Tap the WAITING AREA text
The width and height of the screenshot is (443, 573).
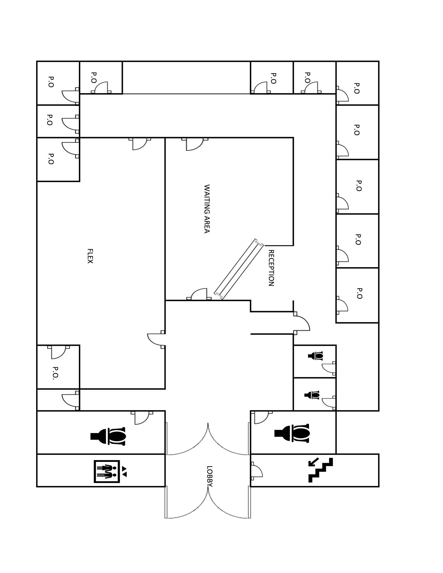click(x=207, y=208)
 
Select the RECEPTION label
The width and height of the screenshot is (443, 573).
click(x=271, y=268)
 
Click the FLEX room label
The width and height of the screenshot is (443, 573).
click(x=90, y=256)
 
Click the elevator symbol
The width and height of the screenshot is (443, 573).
click(x=107, y=471)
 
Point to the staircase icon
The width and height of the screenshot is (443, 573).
click(x=321, y=470)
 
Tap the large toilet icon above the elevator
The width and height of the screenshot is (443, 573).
click(x=108, y=436)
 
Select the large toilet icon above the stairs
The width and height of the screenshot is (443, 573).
click(x=292, y=433)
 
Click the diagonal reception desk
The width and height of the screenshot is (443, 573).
click(x=239, y=269)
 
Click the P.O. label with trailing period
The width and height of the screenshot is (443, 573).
click(x=55, y=373)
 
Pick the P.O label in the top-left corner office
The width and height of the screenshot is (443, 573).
click(x=51, y=82)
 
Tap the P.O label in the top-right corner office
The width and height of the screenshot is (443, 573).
click(x=357, y=88)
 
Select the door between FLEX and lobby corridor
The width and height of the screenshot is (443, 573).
click(x=156, y=339)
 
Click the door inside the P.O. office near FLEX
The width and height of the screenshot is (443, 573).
click(x=58, y=352)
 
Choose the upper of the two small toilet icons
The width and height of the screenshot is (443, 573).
click(x=316, y=356)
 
